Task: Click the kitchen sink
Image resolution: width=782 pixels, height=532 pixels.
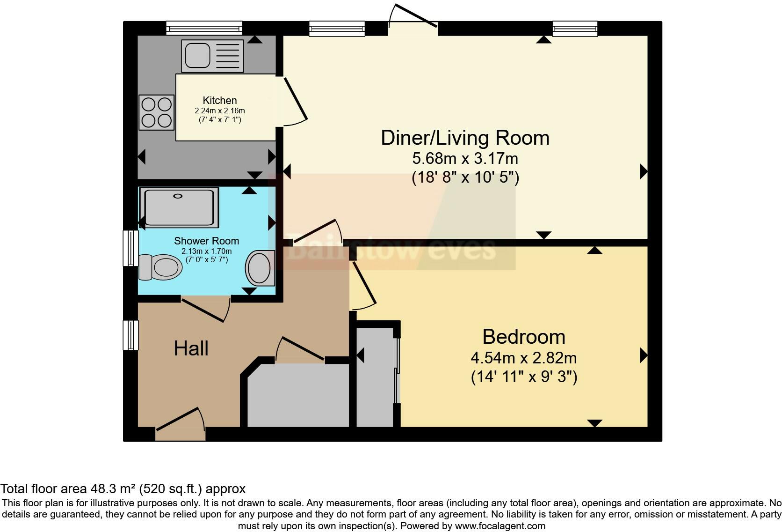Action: pyautogui.click(x=212, y=56)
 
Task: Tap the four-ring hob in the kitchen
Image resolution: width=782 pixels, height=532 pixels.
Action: pyautogui.click(x=156, y=112)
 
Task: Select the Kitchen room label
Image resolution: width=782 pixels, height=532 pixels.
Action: pyautogui.click(x=220, y=100)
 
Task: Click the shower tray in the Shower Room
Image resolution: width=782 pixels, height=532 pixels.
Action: pyautogui.click(x=179, y=207)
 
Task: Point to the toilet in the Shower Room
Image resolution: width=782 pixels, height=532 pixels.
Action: pyautogui.click(x=160, y=267)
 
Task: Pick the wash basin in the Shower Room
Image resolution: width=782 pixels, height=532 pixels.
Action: pyautogui.click(x=260, y=268)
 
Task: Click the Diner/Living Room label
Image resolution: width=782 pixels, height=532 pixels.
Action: pyautogui.click(x=465, y=138)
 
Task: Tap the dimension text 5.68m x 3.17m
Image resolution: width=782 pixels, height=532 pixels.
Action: pyautogui.click(x=465, y=158)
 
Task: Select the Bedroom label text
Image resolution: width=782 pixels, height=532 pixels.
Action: pyautogui.click(x=523, y=337)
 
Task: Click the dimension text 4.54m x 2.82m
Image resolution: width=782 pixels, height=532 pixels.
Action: pyautogui.click(x=523, y=358)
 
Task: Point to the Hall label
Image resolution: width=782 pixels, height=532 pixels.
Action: pyautogui.click(x=191, y=348)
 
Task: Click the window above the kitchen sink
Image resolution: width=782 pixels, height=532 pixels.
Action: pyautogui.click(x=204, y=28)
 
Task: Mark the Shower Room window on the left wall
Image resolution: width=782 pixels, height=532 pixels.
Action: pyautogui.click(x=130, y=248)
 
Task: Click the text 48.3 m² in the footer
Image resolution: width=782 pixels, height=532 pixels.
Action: pyautogui.click(x=113, y=489)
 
